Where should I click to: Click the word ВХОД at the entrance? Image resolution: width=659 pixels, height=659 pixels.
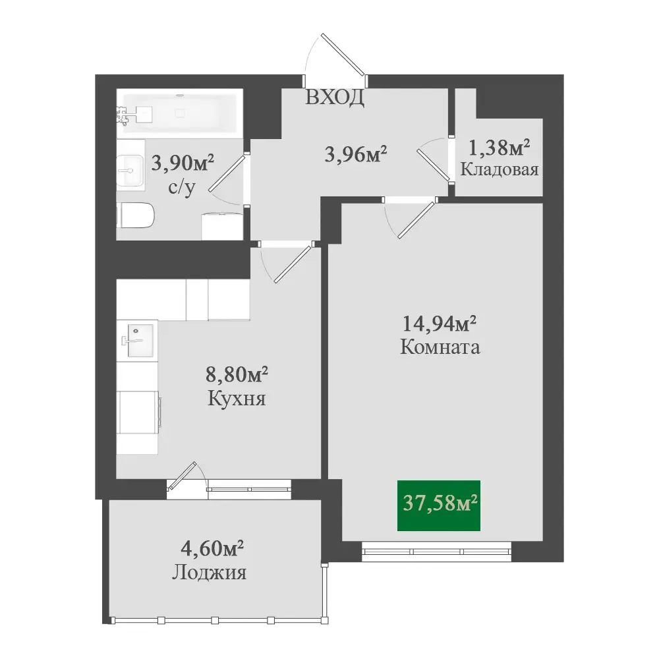coord(335,98)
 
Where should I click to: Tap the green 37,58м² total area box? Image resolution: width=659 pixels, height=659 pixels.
coord(439,505)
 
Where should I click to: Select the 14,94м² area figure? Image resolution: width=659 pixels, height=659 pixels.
coord(439,324)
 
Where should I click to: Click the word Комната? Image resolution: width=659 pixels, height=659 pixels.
coord(440,347)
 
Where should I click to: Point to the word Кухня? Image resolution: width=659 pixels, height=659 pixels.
coord(237,399)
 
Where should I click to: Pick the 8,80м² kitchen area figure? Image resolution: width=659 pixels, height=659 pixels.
coord(237,374)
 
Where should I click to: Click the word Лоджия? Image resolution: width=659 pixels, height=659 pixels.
coord(209,573)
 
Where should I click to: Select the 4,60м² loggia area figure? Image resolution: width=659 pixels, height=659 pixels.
coord(212,548)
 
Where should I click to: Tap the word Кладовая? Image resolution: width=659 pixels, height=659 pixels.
coord(500,169)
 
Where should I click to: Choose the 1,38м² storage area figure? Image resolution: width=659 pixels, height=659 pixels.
coord(499,147)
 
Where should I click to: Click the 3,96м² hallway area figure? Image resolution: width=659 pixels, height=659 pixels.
coord(356,154)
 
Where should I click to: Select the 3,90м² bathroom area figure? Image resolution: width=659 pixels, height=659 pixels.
coord(183,163)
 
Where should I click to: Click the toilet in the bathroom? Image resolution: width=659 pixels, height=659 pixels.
coord(135,215)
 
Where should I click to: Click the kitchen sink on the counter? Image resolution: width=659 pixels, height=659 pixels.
coord(138,341)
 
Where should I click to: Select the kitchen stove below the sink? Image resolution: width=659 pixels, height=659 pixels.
coord(138,412)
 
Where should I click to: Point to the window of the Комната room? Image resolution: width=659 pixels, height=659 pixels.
coord(437,552)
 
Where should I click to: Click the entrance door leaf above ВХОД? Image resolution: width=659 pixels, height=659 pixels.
coord(342,54)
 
